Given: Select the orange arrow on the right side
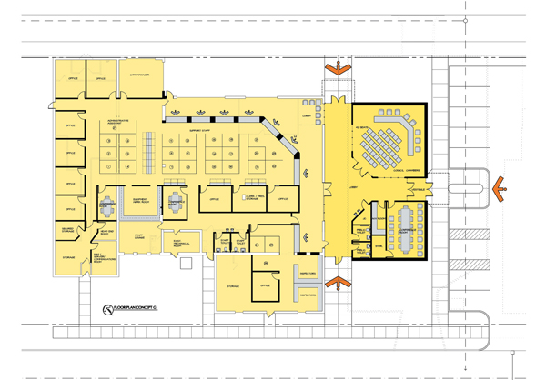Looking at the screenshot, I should [499, 188].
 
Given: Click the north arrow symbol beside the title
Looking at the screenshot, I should [108, 310].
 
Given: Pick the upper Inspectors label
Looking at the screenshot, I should [307, 273].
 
